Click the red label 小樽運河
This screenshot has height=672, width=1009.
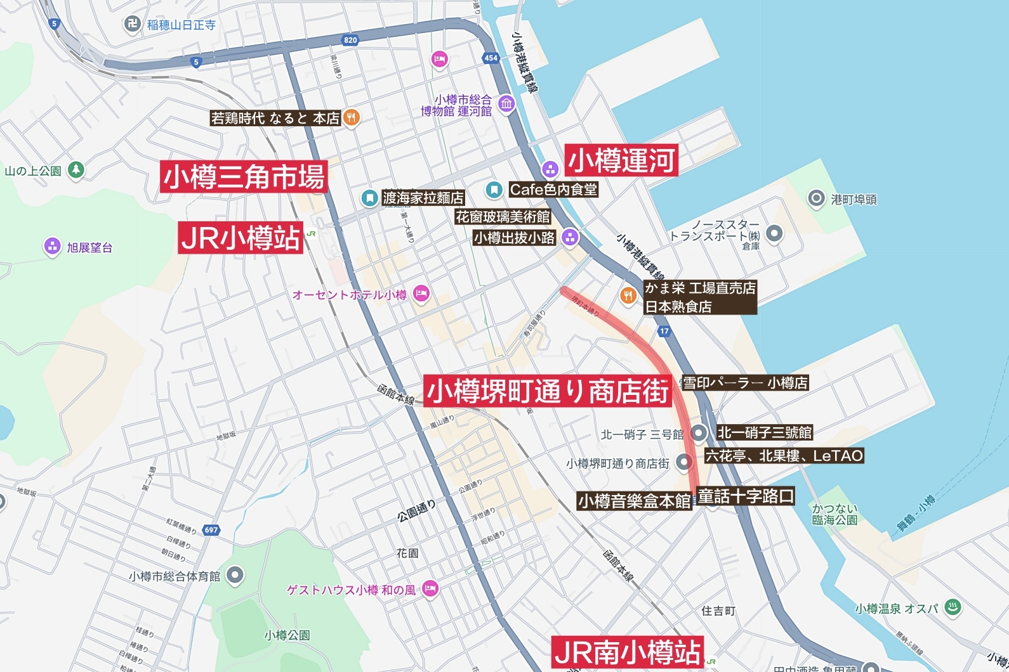coord(621,160)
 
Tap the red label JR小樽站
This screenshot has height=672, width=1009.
coord(241,238)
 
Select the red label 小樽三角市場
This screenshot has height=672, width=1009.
coord(244,177)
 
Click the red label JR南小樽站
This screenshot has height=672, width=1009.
coord(627,652)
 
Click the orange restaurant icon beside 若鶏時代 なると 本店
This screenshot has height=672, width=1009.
coord(351,117)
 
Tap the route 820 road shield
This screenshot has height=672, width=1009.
coord(350,40)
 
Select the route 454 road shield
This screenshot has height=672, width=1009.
coord(491,58)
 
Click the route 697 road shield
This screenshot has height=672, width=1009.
coord(211,530)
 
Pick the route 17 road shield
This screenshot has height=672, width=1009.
coord(664,331)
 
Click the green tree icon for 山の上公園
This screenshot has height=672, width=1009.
coord(76,170)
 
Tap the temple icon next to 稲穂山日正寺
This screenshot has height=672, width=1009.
coord(132,25)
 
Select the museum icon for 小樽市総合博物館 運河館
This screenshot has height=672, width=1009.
coord(506,103)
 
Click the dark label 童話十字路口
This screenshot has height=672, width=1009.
coord(746,496)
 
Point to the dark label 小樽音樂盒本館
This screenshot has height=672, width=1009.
coord(634,501)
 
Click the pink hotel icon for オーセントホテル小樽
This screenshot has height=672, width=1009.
coord(421,294)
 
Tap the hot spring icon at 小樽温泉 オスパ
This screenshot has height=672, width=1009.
coord(953,607)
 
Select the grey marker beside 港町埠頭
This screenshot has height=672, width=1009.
coord(815,198)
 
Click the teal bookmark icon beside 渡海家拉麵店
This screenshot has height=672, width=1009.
coord(369,198)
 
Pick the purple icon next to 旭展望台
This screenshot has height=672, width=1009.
coord(52,247)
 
